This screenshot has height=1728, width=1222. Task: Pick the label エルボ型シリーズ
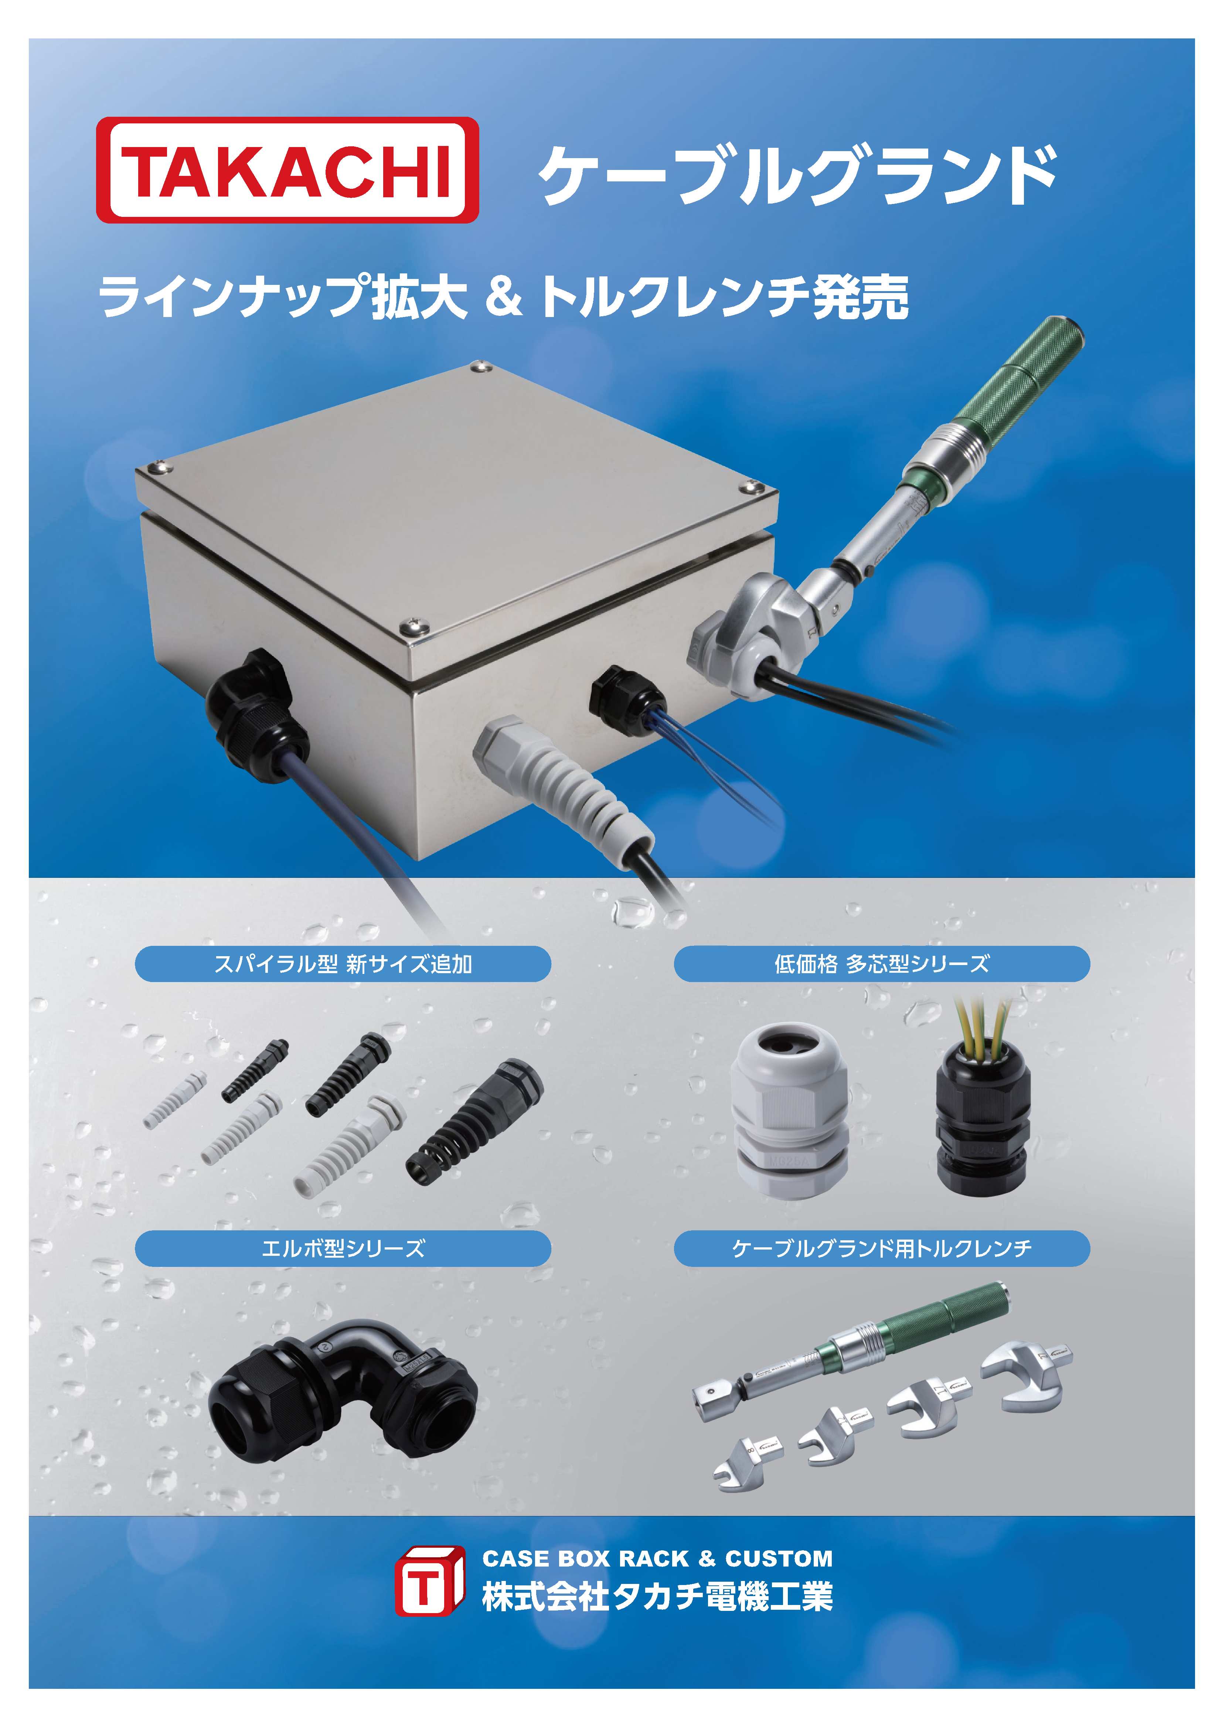343,1248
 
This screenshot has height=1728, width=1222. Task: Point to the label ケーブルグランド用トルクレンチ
882,1248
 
